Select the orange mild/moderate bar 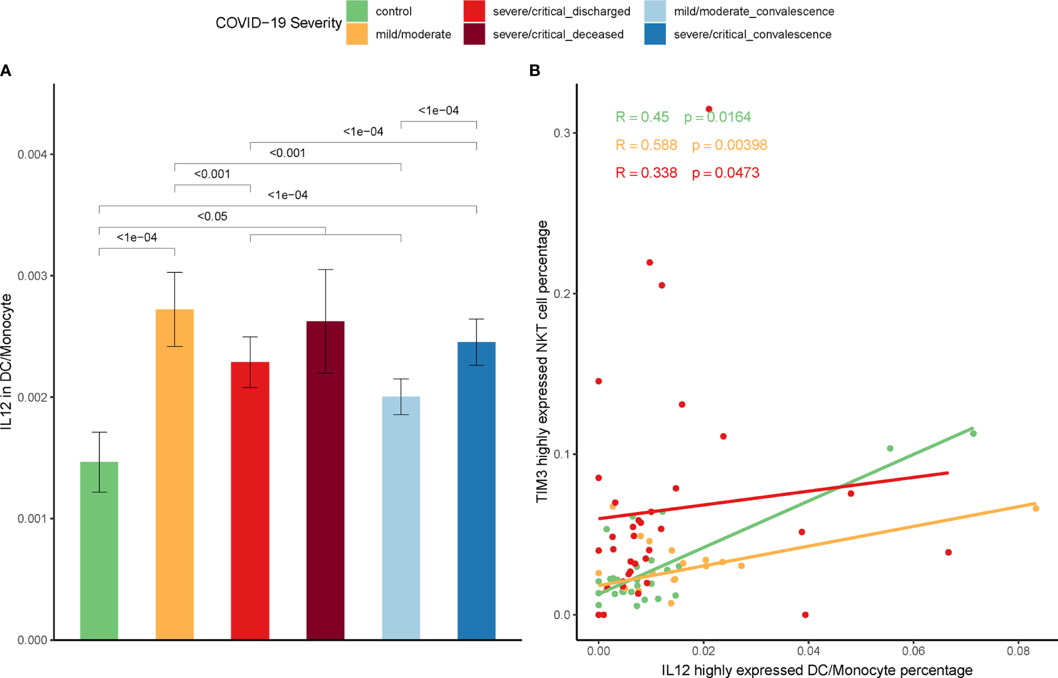(175, 474)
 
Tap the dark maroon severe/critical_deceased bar (325, 480)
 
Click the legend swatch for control (357, 11)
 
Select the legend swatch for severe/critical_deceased (474, 34)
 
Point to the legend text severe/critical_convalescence (752, 35)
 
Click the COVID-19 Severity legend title (278, 23)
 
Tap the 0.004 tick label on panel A (32, 155)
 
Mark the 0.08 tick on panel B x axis (1018, 651)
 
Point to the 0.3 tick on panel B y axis (561, 133)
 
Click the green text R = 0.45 (642, 117)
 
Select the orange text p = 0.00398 (729, 145)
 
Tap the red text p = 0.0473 (725, 173)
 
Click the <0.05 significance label (212, 217)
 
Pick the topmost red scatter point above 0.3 (709, 109)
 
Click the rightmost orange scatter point (1036, 508)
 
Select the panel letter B (535, 71)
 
